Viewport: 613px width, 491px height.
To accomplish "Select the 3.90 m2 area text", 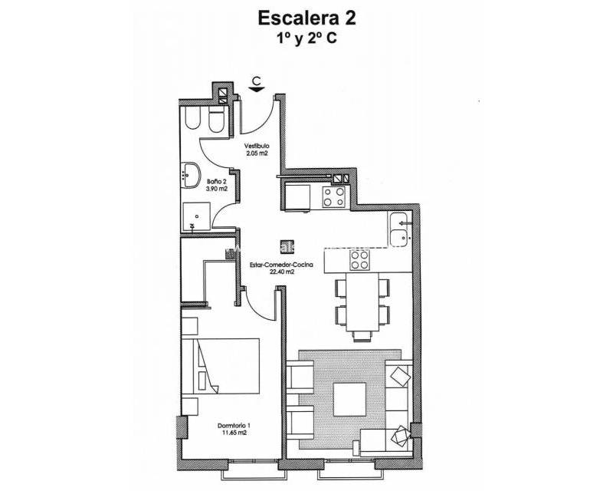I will (217, 189).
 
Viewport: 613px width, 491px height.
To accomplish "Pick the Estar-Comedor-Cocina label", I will (281, 265).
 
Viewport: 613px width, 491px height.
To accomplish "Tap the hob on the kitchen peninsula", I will (359, 261).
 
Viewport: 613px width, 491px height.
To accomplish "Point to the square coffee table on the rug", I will (349, 399).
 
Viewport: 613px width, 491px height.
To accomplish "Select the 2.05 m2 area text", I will (257, 153).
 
